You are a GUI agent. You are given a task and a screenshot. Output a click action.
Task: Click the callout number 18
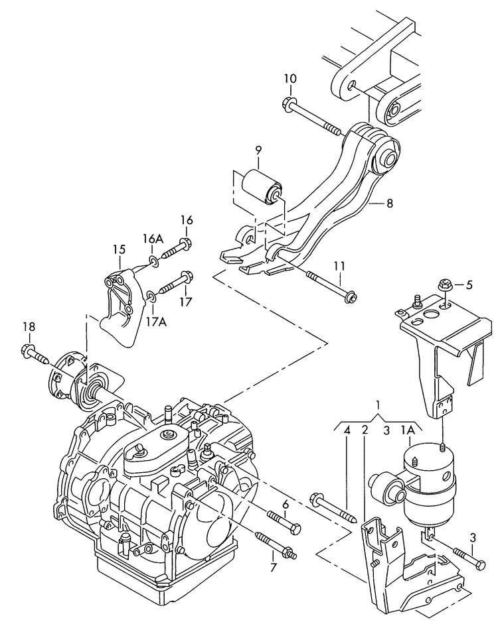coord(29,327)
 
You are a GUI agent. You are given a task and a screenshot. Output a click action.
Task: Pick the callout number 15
coord(119,250)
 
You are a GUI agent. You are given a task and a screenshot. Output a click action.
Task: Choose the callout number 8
coord(389,204)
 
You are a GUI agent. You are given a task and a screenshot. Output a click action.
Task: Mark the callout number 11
coord(339,266)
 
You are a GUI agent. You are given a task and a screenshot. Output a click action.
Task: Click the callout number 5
coord(469,286)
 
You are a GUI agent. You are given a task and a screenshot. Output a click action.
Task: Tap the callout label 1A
coord(408,430)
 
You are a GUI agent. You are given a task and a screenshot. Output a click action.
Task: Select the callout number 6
coord(286,505)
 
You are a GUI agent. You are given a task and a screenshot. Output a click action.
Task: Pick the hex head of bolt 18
coord(29,349)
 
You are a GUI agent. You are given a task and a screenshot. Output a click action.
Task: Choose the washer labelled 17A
coord(152,295)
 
